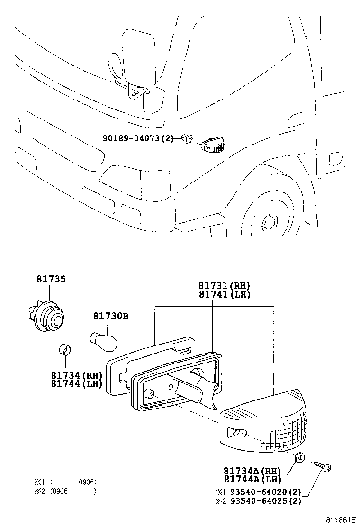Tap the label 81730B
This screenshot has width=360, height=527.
click(110, 316)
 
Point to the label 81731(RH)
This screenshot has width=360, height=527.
click(224, 285)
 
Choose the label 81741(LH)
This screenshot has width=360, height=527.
click(224, 294)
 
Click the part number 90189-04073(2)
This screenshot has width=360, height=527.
click(138, 138)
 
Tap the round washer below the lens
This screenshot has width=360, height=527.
click(299, 458)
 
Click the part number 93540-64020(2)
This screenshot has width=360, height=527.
click(263, 491)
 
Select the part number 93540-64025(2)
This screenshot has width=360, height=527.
click(263, 501)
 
